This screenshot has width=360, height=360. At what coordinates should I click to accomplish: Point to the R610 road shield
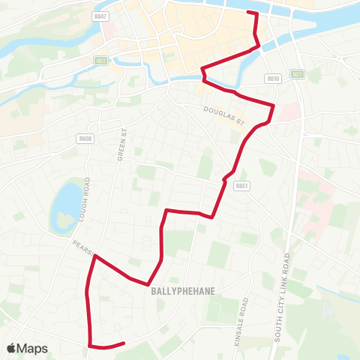pos(272,76)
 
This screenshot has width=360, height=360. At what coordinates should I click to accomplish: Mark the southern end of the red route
pos(123,343)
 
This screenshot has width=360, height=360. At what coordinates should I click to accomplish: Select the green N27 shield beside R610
pos(298,73)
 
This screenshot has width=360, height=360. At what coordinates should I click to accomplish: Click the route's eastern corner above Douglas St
pos(273,106)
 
